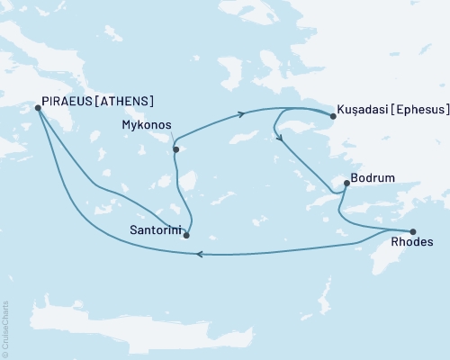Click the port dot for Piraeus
click(37, 108)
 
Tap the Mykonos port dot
click(176, 149)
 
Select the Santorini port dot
click(186, 235)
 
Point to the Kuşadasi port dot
click(333, 115)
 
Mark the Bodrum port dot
click(346, 184)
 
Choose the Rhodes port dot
click(413, 231)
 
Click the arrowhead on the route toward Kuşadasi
click(242, 114)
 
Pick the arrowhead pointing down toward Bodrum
click(282, 138)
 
